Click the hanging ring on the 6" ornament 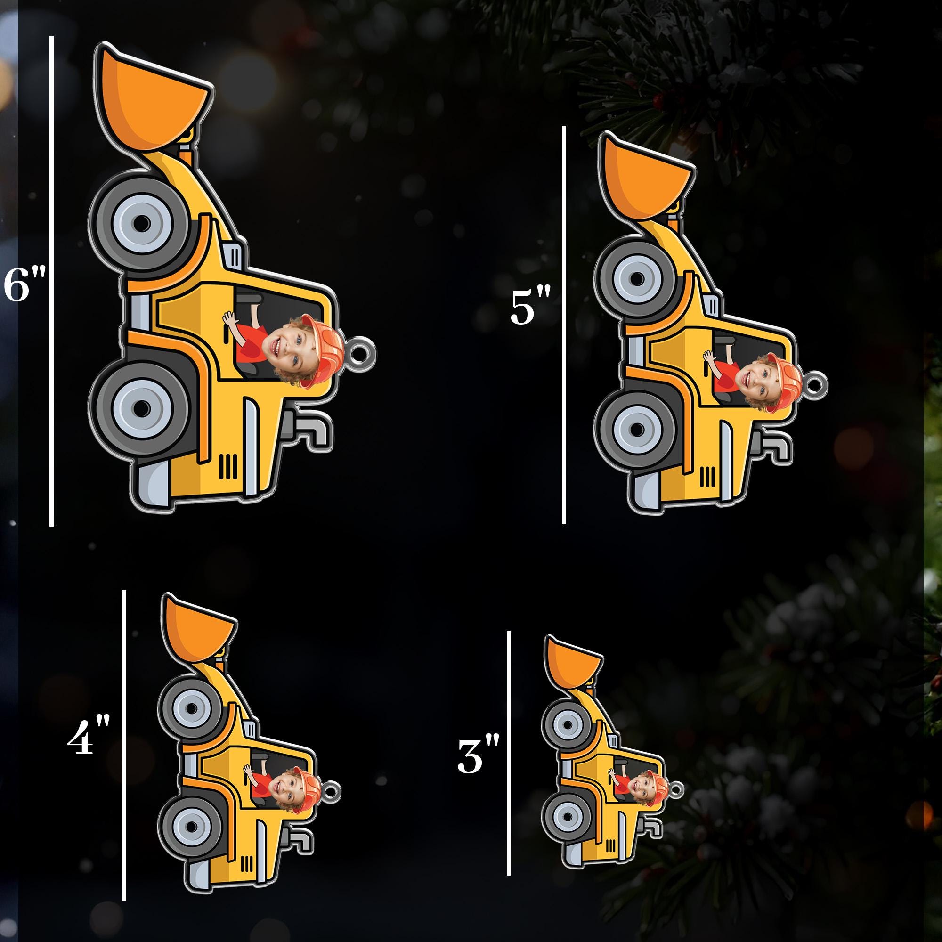(365, 347)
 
